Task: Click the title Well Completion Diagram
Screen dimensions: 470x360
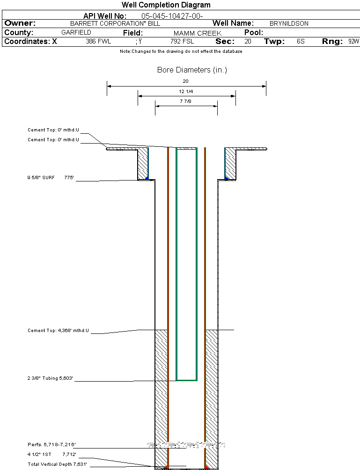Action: (x=166, y=5)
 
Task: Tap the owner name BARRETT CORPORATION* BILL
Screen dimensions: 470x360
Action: (x=115, y=23)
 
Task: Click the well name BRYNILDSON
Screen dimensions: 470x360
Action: (x=289, y=23)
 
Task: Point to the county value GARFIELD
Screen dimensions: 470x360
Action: (x=76, y=33)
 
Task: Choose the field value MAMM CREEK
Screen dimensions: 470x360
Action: (x=197, y=33)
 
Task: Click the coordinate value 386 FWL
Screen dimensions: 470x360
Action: (x=98, y=42)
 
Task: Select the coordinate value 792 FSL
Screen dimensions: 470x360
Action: (x=182, y=42)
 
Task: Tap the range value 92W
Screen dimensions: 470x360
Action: (x=353, y=42)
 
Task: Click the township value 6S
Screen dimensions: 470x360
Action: (x=301, y=42)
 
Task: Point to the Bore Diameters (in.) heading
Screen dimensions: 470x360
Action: (x=192, y=70)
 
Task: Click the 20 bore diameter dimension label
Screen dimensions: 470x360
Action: (x=186, y=81)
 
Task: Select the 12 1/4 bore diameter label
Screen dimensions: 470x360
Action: (x=186, y=91)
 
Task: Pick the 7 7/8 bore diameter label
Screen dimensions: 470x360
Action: (x=186, y=101)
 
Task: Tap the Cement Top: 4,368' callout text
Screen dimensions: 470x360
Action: (x=58, y=331)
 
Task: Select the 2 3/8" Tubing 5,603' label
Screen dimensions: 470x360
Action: (x=51, y=378)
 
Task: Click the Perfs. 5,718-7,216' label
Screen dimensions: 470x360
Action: (x=51, y=445)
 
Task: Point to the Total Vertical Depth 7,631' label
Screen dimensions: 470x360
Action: (x=57, y=464)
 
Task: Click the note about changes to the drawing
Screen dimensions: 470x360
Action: (x=181, y=51)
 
